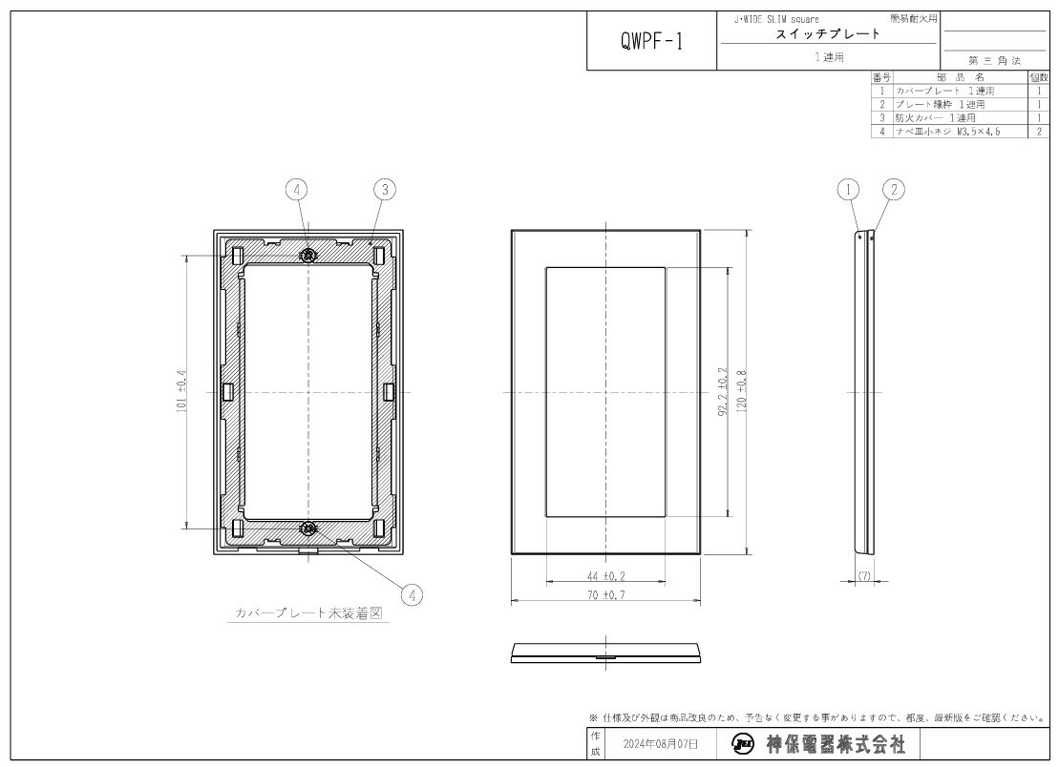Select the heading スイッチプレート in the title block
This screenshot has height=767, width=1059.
click(x=828, y=34)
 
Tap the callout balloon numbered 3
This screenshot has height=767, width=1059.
click(x=383, y=190)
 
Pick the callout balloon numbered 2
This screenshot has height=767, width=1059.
click(x=893, y=190)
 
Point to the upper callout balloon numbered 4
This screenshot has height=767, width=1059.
click(x=298, y=190)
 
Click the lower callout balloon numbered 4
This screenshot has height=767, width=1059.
click(x=412, y=594)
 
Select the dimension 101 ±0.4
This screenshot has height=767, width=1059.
click(x=182, y=391)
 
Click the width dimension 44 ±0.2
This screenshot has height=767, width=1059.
click(x=605, y=576)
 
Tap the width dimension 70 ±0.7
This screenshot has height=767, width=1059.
click(x=605, y=595)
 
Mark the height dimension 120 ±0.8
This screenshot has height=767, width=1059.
click(x=741, y=391)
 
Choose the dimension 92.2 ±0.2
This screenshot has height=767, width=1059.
click(x=723, y=391)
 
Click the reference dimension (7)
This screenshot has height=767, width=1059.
click(x=863, y=576)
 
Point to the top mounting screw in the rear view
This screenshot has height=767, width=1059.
click(x=307, y=256)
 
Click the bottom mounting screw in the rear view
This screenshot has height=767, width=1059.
click(x=307, y=529)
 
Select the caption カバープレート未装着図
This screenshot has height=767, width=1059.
click(x=308, y=615)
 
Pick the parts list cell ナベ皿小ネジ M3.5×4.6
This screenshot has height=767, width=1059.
click(x=947, y=131)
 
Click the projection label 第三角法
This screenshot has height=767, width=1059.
click(x=993, y=60)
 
